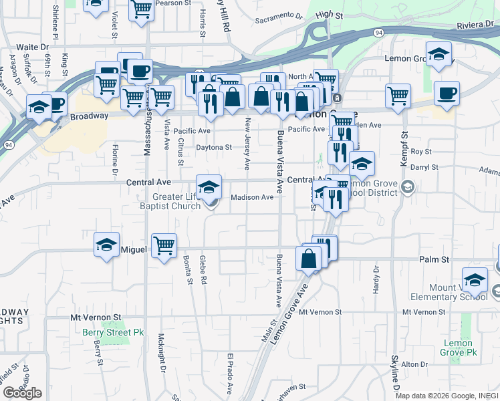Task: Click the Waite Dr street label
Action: click(x=33, y=47)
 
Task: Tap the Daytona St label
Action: click(x=213, y=147)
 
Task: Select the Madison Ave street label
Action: click(x=252, y=197)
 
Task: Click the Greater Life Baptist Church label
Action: click(x=176, y=201)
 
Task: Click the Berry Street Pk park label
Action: click(x=104, y=331)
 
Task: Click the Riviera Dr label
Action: click(x=476, y=25)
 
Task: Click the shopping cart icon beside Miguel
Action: click(x=164, y=245)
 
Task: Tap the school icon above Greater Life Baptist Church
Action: click(x=209, y=186)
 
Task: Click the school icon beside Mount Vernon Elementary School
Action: click(x=475, y=280)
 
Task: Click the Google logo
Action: click(x=22, y=393)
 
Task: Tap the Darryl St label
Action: click(x=424, y=167)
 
